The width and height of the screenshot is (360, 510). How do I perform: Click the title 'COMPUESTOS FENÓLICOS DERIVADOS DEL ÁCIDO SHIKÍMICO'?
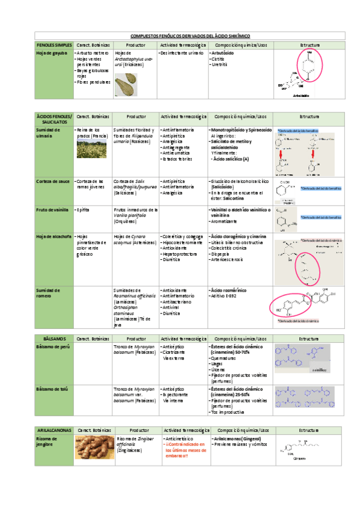click(x=181, y=37)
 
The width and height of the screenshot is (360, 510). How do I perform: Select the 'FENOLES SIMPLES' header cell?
click(x=54, y=45)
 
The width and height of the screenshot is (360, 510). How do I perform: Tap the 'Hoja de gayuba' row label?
click(x=51, y=53)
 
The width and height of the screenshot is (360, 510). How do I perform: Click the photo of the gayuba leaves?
click(x=127, y=82)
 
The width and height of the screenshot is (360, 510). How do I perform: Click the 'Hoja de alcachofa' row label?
click(x=52, y=236)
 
